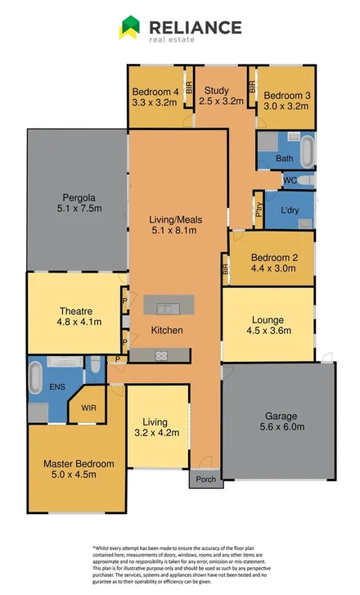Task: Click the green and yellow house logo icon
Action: click(129, 28)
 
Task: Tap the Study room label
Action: click(217, 91)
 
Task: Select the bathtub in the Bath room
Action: click(307, 152)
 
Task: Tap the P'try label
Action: click(259, 208)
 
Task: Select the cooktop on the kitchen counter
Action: click(161, 355)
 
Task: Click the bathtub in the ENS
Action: click(36, 381)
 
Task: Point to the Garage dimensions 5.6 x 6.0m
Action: click(278, 426)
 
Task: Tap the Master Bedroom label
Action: click(79, 463)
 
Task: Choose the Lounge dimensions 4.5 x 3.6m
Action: click(269, 331)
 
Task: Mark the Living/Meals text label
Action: click(175, 219)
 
